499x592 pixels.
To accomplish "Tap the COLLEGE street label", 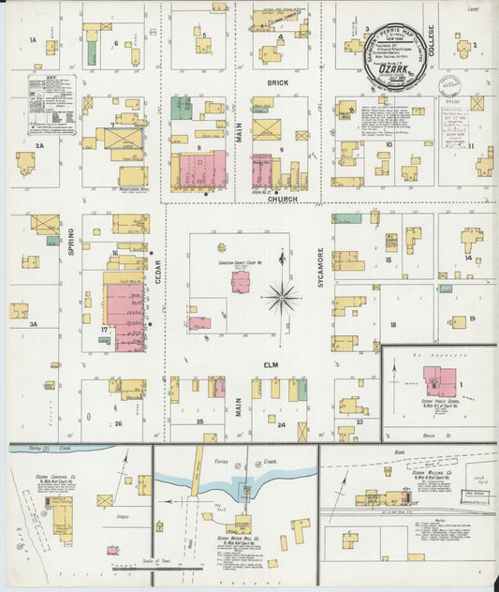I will pos(433,45).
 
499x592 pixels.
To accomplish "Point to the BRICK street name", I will pos(278,82).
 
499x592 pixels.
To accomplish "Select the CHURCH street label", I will pos(282,198).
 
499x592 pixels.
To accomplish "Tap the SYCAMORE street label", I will pos(320,268).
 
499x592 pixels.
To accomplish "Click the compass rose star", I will pos(281,300).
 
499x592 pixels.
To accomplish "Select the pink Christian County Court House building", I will pos(241,281).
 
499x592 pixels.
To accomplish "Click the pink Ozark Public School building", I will pos(437,380).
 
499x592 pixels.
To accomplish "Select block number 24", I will pos(281,398).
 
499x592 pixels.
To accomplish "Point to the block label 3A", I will pos(33,324).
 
